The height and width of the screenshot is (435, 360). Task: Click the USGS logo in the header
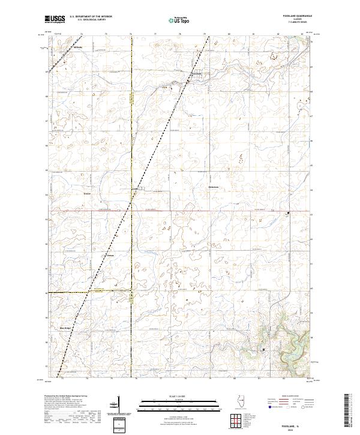click(x=55, y=20)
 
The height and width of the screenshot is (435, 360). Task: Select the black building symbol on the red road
click(x=288, y=212)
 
